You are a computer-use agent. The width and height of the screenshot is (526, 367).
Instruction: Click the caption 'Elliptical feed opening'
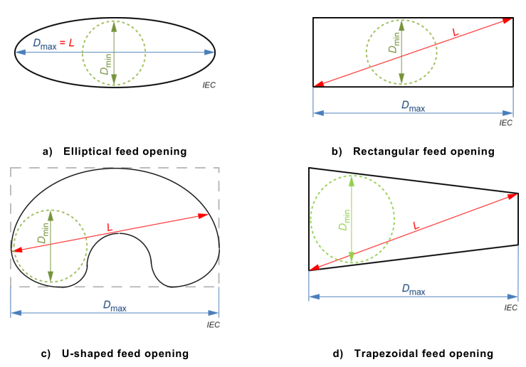tap(125, 151)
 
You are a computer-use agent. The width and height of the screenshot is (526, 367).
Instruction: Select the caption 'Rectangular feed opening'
tap(423, 151)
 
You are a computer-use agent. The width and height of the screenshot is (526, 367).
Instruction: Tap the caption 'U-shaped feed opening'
tap(125, 353)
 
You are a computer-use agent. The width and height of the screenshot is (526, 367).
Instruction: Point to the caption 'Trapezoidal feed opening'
tap(424, 353)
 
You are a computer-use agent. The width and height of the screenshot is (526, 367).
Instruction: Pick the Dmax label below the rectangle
tap(413, 107)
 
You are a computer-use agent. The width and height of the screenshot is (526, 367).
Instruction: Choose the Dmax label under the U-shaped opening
tap(115, 306)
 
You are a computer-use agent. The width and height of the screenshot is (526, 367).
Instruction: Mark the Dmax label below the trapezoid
tap(414, 289)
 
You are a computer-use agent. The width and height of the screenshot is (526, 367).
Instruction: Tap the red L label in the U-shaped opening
tap(109, 227)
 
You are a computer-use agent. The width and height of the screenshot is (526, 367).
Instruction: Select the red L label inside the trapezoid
tap(415, 227)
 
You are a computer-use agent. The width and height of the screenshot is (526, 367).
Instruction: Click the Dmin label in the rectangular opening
tap(394, 43)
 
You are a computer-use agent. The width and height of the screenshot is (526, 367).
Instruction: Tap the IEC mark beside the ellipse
tap(209, 85)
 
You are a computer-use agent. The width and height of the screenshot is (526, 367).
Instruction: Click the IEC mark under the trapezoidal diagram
tap(510, 307)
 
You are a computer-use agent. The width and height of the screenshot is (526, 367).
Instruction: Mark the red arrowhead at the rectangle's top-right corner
tap(507, 20)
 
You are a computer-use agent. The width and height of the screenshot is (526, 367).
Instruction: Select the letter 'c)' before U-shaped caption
tap(48, 353)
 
